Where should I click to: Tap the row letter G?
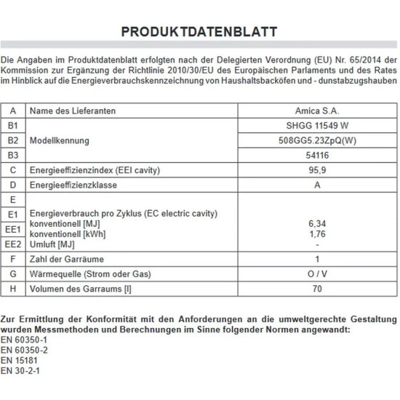[x=12, y=274]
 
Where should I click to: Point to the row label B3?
[x=12, y=155]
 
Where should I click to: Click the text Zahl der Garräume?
[x=67, y=260]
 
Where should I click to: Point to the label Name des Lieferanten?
[x=73, y=111]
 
